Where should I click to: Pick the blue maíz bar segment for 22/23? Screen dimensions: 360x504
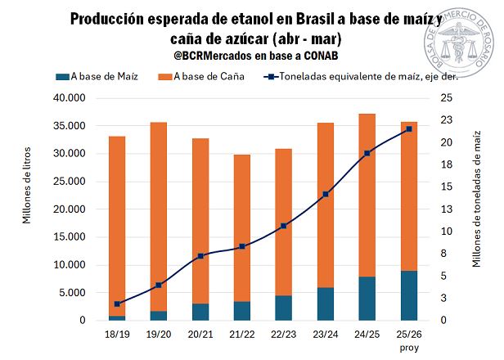tap(284, 308)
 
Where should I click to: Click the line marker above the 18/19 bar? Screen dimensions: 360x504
tap(117, 304)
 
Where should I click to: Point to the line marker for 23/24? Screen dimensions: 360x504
tap(326, 194)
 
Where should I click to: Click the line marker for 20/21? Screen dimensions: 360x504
tap(200, 256)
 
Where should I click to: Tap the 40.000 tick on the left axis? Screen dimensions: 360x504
tap(70, 98)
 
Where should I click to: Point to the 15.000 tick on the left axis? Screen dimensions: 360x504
tap(70, 237)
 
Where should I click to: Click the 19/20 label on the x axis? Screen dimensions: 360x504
tap(159, 335)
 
